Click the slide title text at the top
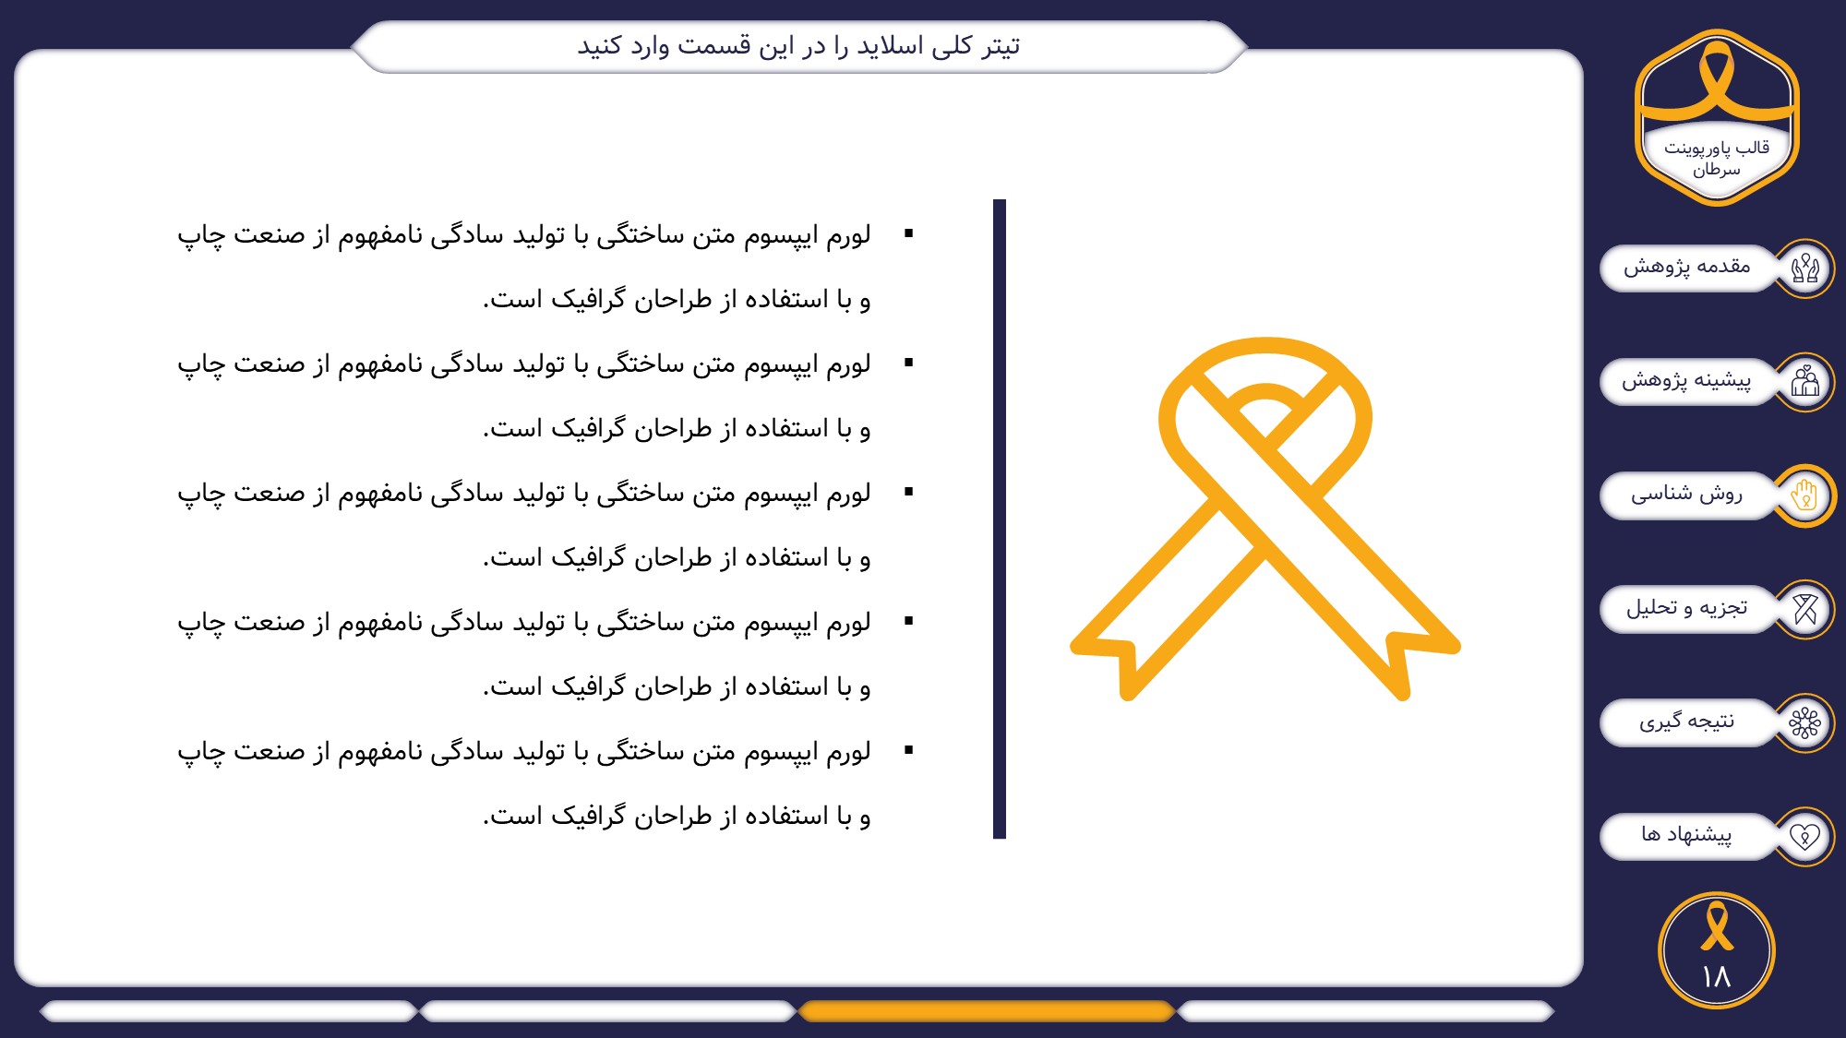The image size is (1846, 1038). pos(798,45)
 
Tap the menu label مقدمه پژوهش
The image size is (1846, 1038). pos(1686,267)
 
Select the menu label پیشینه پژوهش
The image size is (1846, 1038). pos(1686,380)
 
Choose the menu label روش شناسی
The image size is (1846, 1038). pos(1686,494)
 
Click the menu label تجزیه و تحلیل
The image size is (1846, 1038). pos(1686,607)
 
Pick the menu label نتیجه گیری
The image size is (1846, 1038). pos(1686,721)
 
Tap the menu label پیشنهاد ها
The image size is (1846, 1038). pos(1686,834)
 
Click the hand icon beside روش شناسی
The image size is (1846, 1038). pos(1804,495)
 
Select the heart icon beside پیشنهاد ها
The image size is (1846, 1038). pos(1804,836)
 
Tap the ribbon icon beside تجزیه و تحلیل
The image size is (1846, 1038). pos(1804,609)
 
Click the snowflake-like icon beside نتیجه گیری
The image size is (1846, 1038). pos(1804,722)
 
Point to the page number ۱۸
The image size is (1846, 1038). pos(1717,976)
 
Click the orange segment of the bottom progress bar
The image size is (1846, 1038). pos(986,1011)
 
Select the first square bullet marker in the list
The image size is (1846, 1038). pos(909,233)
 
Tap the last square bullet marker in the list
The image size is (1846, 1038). pos(909,750)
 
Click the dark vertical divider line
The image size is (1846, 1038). pos(1000,519)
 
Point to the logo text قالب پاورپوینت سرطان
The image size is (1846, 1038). pos(1717,159)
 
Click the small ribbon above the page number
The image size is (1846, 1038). pos(1717,925)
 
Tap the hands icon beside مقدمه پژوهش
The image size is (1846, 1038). pos(1804,268)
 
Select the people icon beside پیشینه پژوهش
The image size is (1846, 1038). pos(1804,382)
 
